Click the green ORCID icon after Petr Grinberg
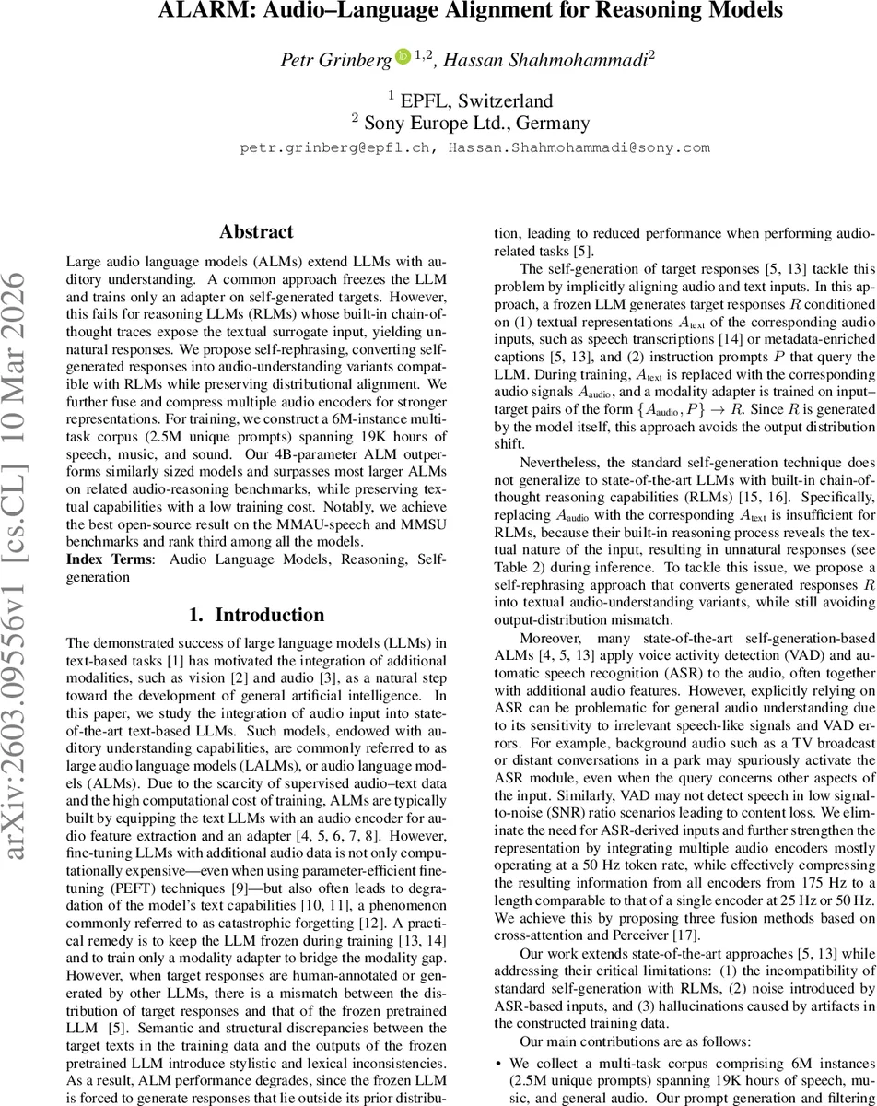(403, 56)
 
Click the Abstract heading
(256, 232)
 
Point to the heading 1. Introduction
(256, 615)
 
